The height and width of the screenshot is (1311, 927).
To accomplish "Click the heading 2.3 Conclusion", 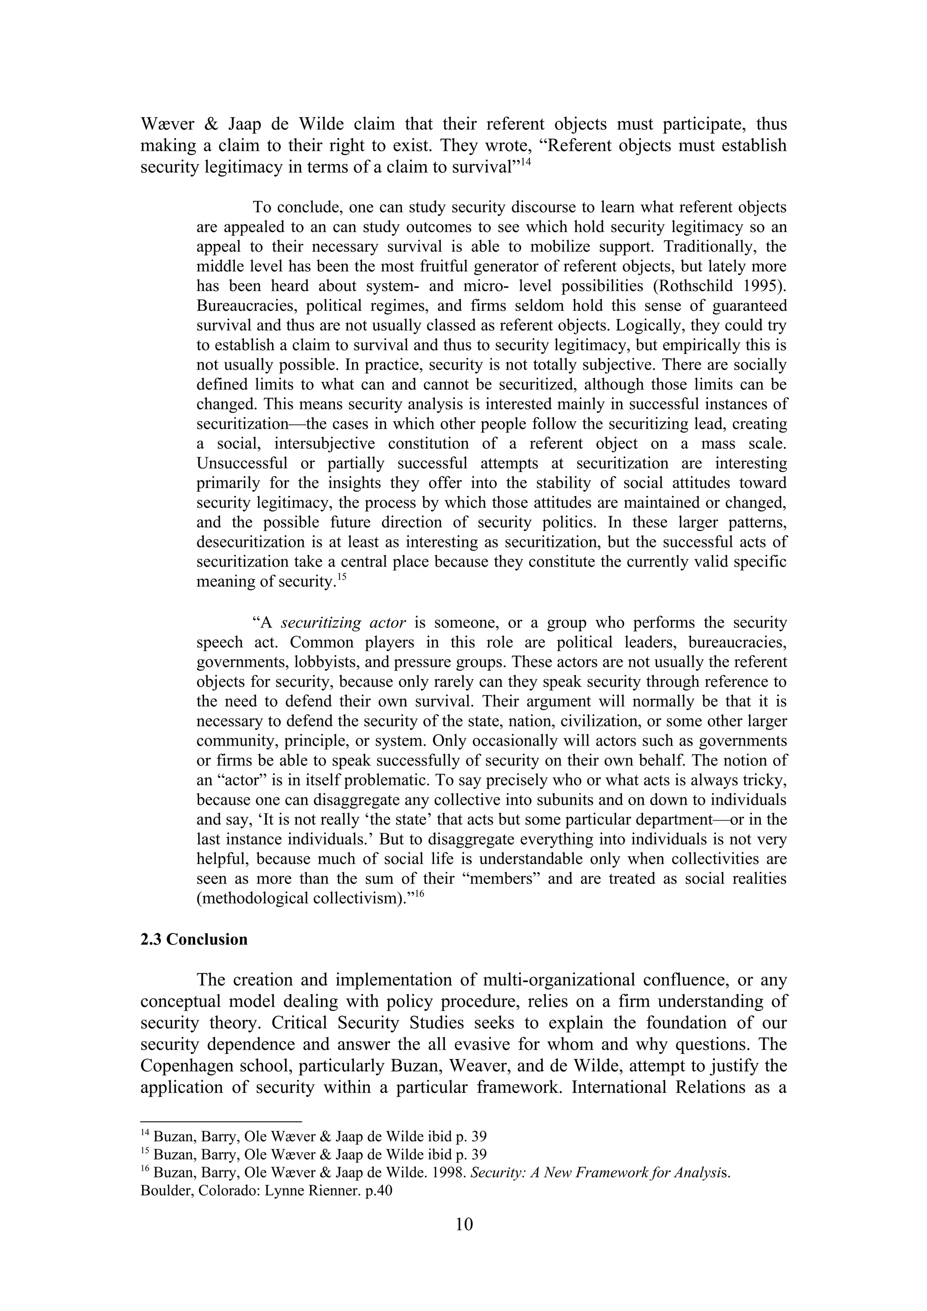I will tap(194, 939).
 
